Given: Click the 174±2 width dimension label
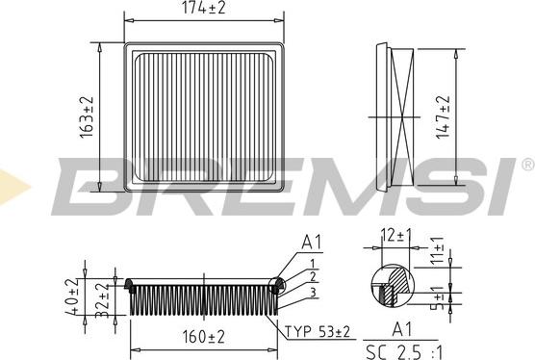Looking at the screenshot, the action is click(x=204, y=8).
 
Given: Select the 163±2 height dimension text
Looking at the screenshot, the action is click(x=87, y=117).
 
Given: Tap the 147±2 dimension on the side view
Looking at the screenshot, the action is click(x=444, y=117).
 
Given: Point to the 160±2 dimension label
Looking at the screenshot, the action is click(x=204, y=337).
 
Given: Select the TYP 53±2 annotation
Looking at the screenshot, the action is click(x=318, y=331).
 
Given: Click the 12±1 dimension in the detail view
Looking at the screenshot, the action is click(x=396, y=236).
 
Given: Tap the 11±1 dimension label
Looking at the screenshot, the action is click(x=437, y=251).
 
